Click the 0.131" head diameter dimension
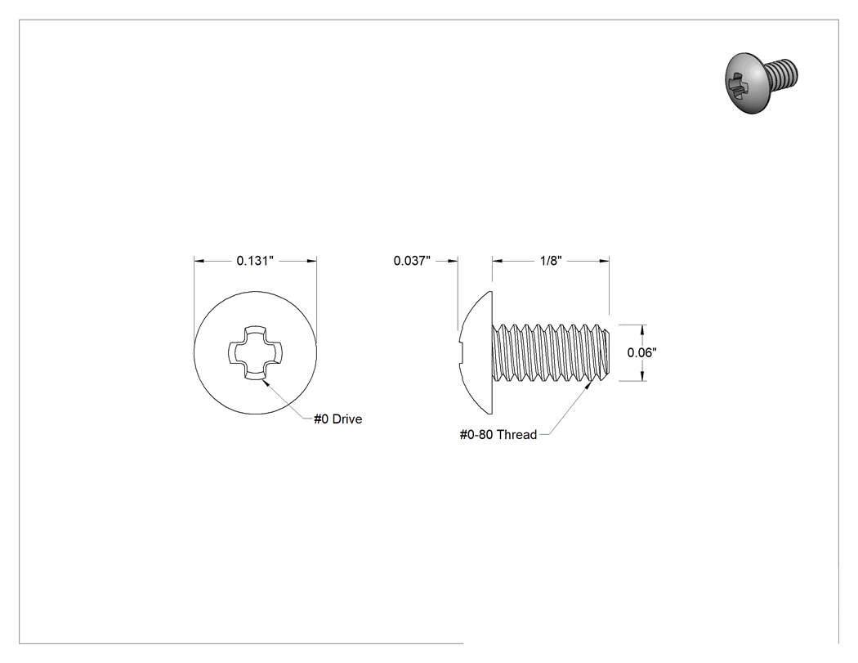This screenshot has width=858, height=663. [x=255, y=261]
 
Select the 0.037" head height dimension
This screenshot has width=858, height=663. [x=412, y=261]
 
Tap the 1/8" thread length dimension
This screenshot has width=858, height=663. [x=551, y=261]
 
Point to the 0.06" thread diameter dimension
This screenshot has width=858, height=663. [x=641, y=352]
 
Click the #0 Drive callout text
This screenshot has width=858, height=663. [x=337, y=419]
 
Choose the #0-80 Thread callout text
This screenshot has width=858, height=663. [x=498, y=435]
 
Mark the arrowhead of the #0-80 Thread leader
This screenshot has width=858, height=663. [x=589, y=384]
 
